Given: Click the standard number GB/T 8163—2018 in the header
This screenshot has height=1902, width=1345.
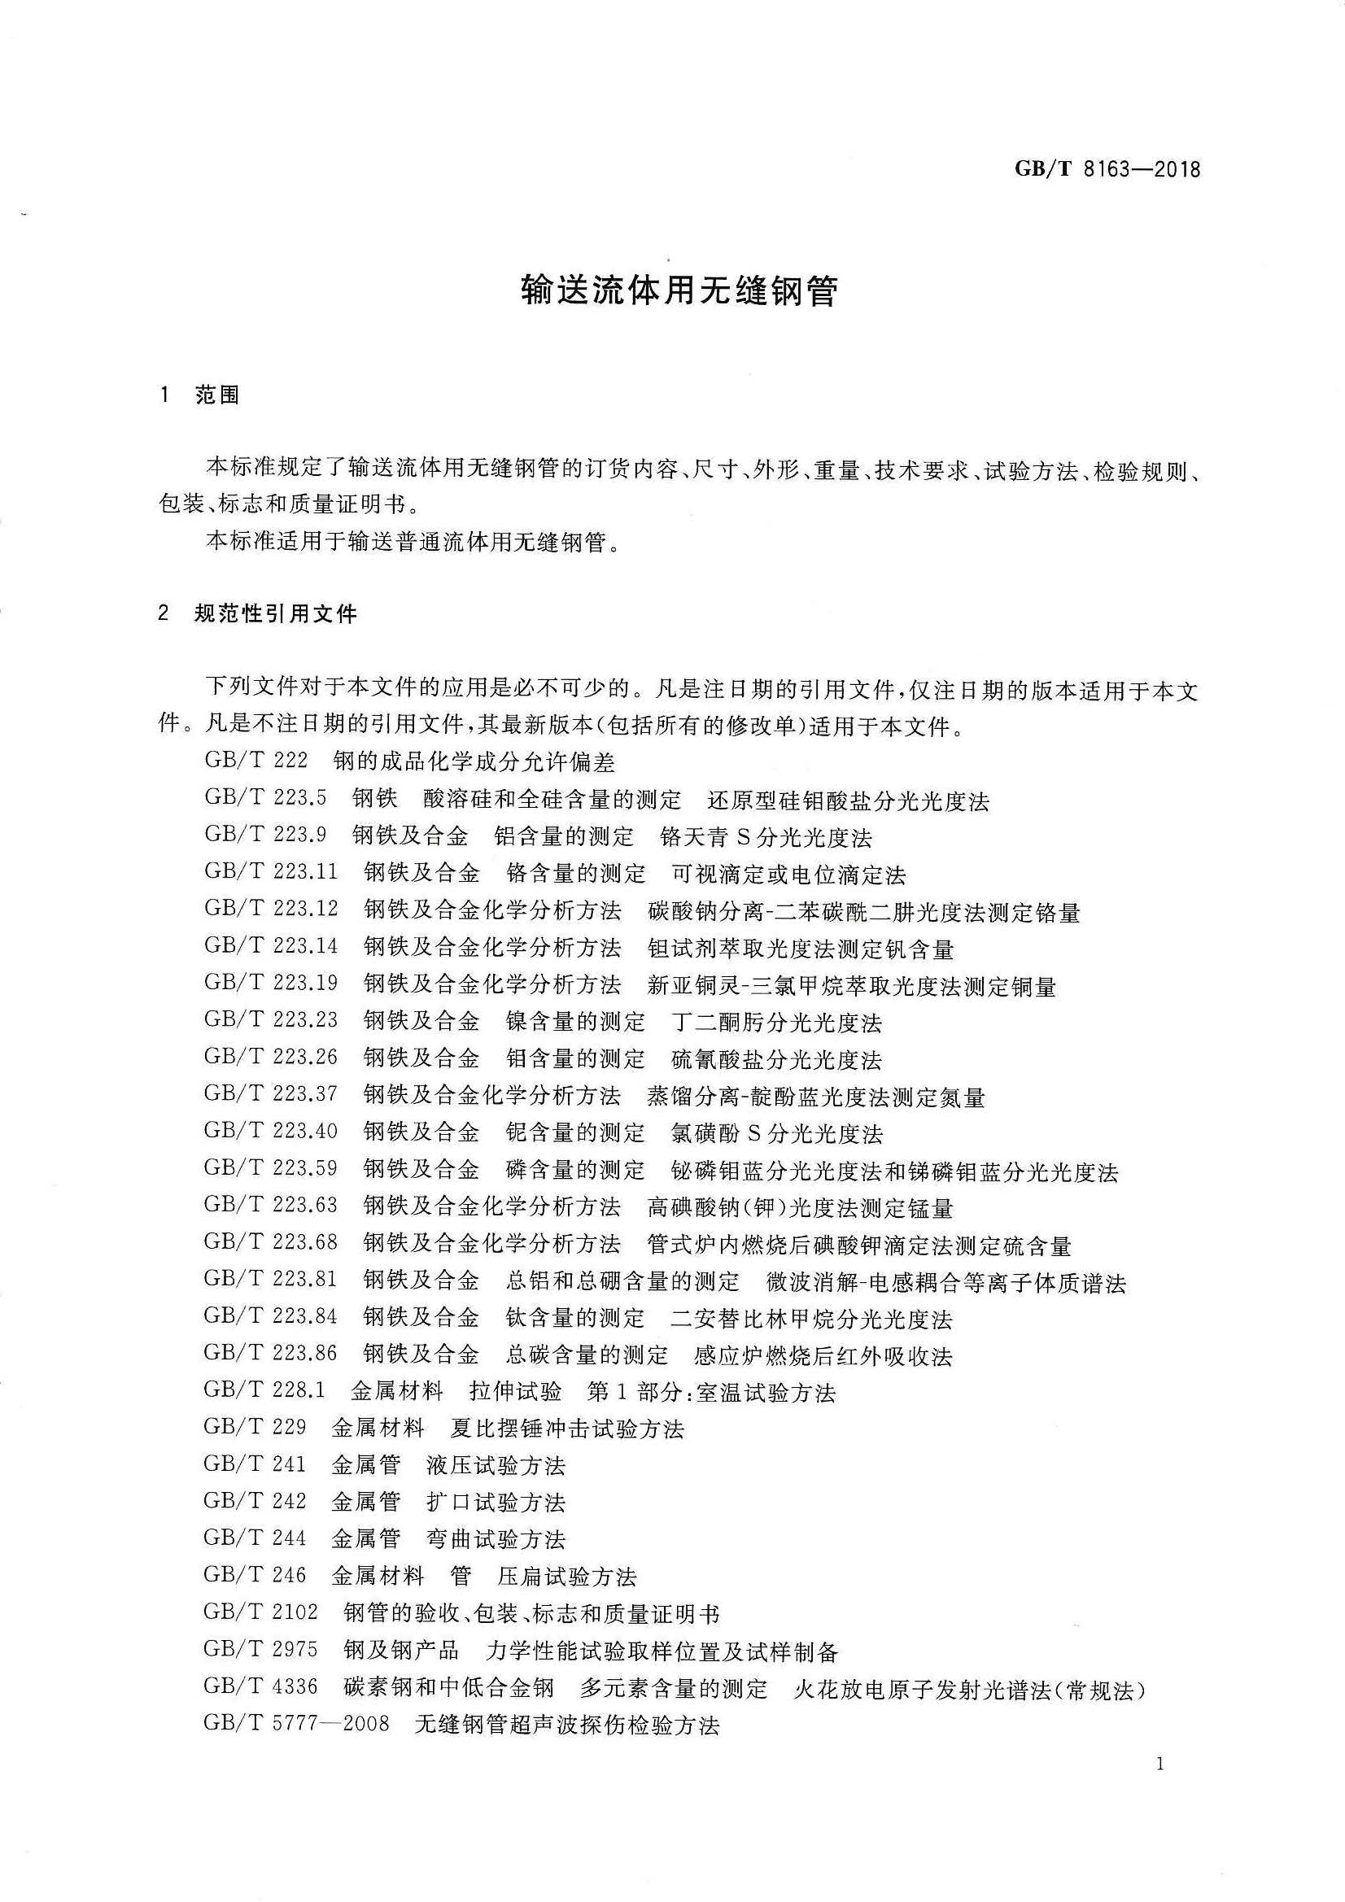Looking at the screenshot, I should (1107, 170).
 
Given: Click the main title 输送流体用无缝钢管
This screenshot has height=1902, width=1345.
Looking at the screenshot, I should (679, 290).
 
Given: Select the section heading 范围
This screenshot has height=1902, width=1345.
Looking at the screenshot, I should (217, 396).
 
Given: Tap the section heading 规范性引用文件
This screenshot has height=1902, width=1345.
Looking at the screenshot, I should (275, 615).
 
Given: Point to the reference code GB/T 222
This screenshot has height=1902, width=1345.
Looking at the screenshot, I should (256, 761).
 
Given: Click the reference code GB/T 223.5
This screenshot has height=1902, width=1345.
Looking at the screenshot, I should (265, 798).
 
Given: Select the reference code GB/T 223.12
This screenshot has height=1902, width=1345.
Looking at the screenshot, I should (271, 909).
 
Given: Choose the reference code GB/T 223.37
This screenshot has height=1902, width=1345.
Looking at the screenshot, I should (271, 1093).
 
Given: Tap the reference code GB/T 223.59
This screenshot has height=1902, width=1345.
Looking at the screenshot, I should (271, 1168).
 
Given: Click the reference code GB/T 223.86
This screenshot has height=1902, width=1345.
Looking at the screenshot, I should (271, 1353).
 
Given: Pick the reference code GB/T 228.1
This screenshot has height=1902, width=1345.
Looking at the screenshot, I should (265, 1390).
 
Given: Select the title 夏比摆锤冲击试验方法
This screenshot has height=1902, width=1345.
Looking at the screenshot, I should (568, 1429).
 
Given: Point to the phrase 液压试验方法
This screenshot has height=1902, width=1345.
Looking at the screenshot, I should (496, 1465).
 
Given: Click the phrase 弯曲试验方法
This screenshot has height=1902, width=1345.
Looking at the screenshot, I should (496, 1539).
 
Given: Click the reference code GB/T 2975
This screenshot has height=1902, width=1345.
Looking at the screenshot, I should (260, 1649).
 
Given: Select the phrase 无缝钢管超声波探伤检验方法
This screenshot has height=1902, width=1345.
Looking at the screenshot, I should (567, 1725).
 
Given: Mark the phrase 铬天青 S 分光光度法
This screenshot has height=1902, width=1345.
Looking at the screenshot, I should (766, 836).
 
